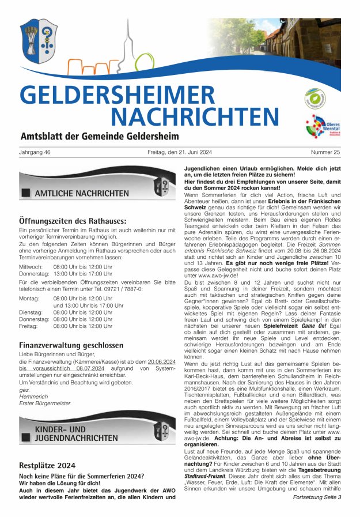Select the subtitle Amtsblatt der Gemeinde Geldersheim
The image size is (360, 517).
point(99,137)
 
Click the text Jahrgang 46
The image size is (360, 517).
point(35,152)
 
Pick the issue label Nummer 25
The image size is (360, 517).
point(325,152)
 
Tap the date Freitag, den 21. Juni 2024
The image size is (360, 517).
point(180,152)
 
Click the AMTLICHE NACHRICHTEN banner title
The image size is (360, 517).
point(81,193)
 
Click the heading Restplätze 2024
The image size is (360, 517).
point(47,465)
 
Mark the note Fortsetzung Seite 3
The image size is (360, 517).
point(317,496)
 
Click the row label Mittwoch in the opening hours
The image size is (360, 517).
point(31,267)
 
